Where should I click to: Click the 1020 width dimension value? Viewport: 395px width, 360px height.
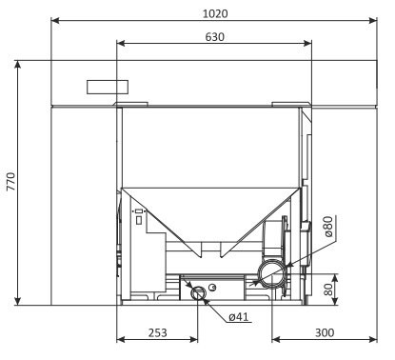(215, 13)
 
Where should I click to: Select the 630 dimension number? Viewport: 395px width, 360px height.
(215, 37)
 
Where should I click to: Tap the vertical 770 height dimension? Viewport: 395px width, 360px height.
(11, 181)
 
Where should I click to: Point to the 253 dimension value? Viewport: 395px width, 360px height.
(158, 332)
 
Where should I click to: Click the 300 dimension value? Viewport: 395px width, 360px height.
(325, 332)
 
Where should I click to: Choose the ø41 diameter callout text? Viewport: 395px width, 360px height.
(239, 317)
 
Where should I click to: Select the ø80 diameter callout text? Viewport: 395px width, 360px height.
(329, 227)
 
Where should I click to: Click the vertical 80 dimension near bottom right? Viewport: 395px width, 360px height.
(328, 290)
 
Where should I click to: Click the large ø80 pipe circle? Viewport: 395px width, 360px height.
(272, 274)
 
